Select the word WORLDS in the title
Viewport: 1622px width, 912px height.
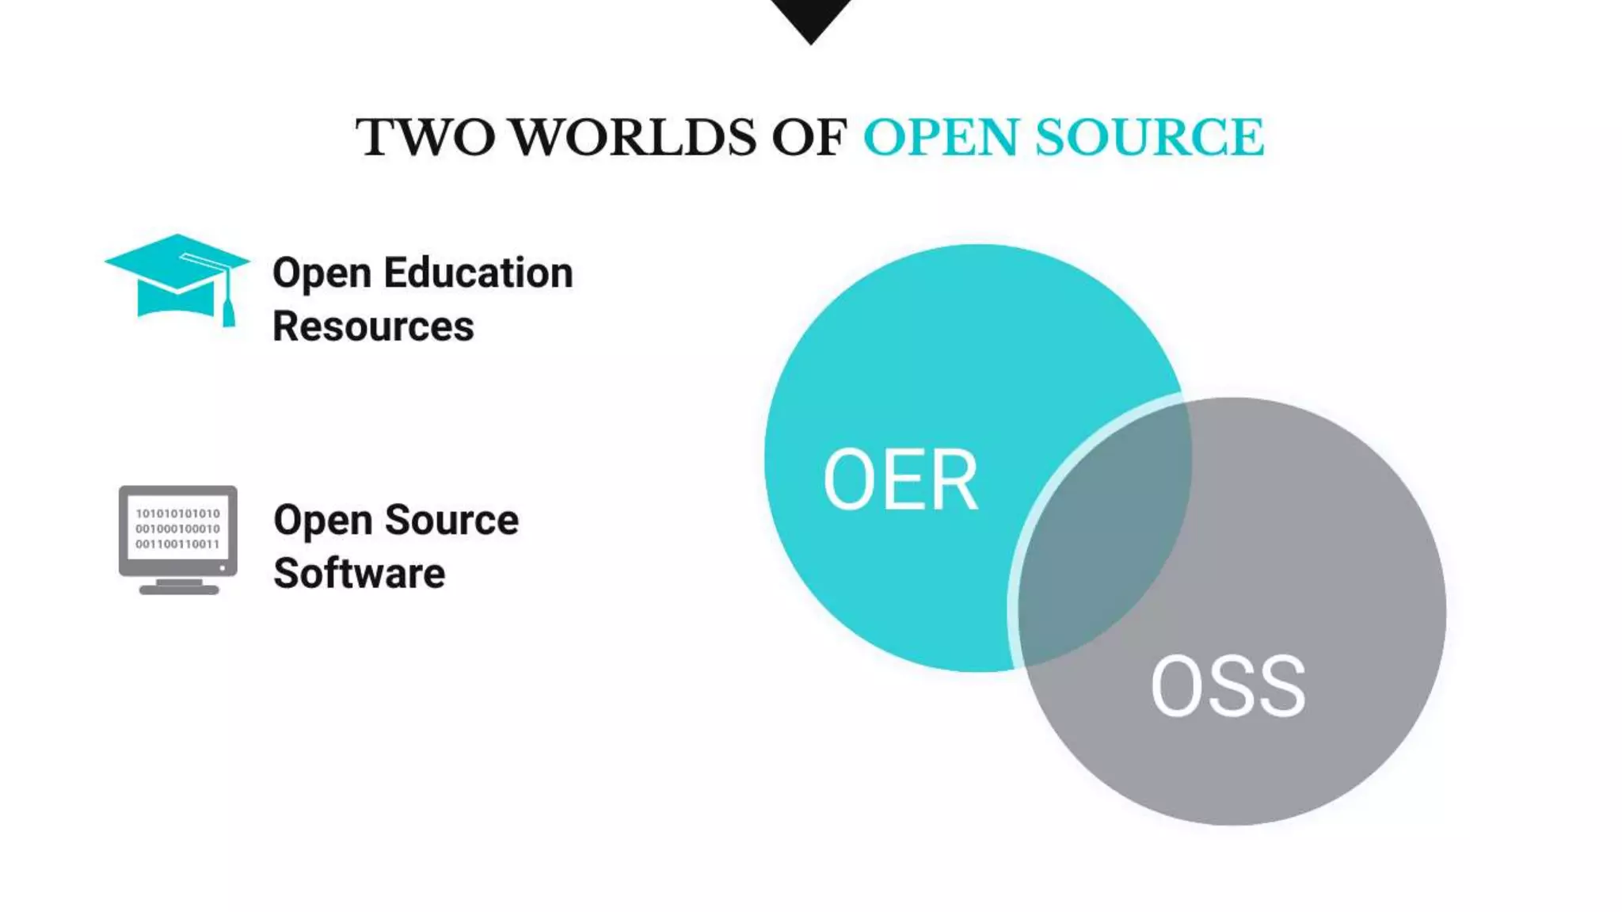[x=632, y=137]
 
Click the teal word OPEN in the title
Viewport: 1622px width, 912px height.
[x=940, y=137]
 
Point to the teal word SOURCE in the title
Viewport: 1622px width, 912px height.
[x=1149, y=137]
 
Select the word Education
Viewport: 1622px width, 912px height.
[x=478, y=273]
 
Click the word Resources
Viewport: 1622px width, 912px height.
[x=373, y=326]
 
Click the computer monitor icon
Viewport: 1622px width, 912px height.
[x=177, y=538]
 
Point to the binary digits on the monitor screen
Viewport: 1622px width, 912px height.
[x=177, y=529]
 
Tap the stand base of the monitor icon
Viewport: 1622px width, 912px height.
[x=179, y=589]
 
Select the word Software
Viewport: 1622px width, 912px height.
[x=359, y=574]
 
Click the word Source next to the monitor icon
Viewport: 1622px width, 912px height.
[x=451, y=521]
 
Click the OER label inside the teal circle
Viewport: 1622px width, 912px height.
[x=900, y=479]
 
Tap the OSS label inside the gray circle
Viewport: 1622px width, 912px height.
[x=1228, y=686]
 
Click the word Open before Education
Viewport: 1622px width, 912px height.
[x=322, y=273]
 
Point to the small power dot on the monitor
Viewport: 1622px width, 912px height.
[x=223, y=567]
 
